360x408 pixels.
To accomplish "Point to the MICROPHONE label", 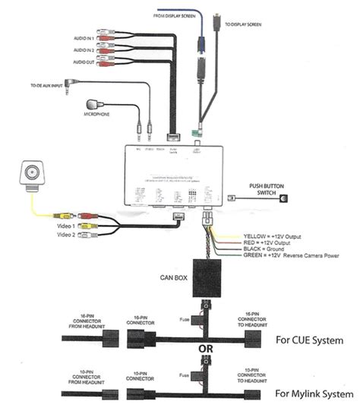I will click(x=98, y=115).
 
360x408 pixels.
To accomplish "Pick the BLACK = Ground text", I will click(x=263, y=250).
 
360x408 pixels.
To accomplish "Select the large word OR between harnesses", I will click(x=205, y=350).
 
